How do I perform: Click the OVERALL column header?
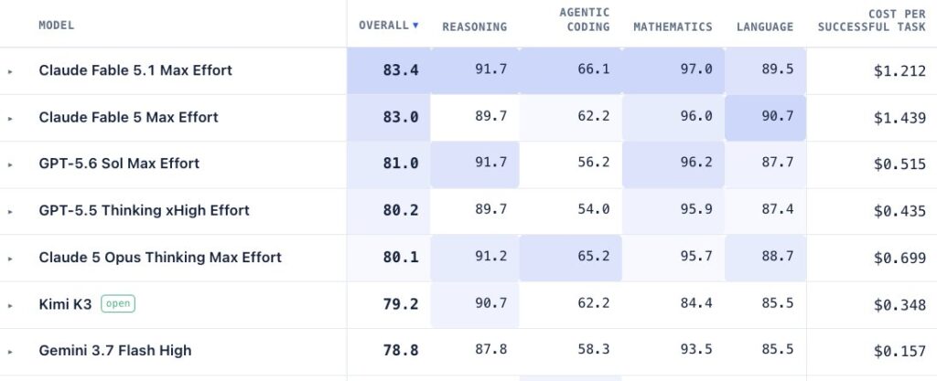[383, 26]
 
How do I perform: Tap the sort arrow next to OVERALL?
[415, 26]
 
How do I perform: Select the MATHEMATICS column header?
[673, 26]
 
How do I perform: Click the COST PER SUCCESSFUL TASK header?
[872, 20]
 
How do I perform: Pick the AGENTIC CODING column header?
[585, 20]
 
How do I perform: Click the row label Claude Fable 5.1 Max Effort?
[135, 70]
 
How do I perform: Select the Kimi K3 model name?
[65, 304]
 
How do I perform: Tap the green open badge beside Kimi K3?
[118, 303]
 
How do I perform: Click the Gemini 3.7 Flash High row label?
[115, 351]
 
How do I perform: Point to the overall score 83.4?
[401, 70]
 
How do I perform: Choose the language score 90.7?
[778, 116]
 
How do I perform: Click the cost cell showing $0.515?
[900, 164]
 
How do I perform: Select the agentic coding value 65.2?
[593, 257]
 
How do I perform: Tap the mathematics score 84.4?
[696, 303]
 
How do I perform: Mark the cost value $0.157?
[900, 351]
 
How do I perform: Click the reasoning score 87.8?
[490, 349]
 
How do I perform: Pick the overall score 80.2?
[401, 210]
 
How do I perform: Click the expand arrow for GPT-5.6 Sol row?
[9, 164]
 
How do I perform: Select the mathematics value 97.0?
[696, 69]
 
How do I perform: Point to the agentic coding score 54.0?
[593, 209]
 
